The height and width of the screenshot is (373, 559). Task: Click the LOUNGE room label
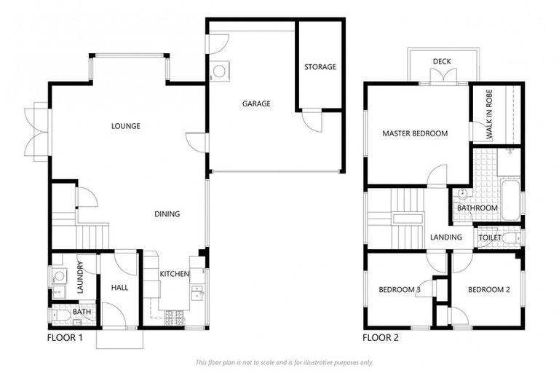125,126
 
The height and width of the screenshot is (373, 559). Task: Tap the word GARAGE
256,103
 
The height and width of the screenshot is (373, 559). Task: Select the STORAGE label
320,67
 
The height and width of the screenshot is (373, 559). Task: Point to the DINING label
167,213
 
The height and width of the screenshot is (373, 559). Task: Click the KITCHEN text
175,274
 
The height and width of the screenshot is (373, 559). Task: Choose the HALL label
119,288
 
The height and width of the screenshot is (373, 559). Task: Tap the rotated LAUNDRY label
81,276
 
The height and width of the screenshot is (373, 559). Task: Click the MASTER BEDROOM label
415,133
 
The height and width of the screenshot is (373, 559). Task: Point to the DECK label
441,61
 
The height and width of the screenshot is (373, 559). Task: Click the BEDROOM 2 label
488,289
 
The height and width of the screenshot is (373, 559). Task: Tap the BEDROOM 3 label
400,289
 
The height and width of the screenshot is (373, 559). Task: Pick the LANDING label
445,237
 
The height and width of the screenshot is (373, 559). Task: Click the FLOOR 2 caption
381,338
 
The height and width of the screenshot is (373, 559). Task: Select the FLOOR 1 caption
66,338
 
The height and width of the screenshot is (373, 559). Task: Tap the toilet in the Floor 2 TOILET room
514,237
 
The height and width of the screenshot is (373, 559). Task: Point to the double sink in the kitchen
197,293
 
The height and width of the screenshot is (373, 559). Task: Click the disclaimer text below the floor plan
284,362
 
